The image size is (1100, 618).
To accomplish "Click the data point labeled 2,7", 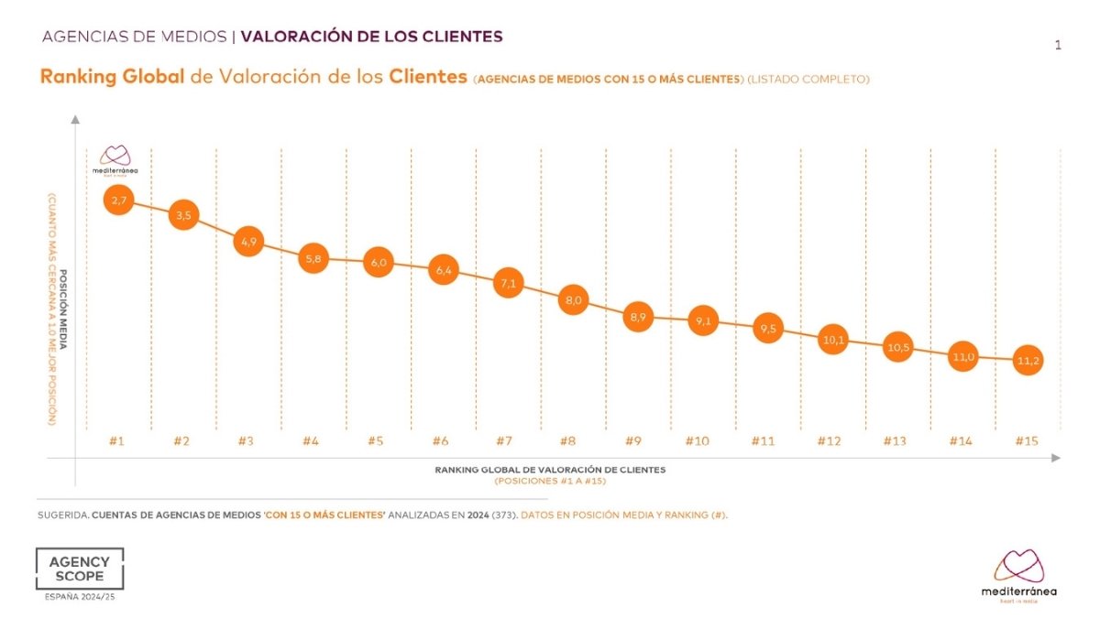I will (x=119, y=200).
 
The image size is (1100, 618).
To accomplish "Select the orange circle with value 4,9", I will (x=249, y=243).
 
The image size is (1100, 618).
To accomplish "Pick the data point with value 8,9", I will (x=638, y=317).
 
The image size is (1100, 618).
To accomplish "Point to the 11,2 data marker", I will (x=1028, y=361).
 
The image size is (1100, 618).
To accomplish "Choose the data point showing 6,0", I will (x=379, y=263).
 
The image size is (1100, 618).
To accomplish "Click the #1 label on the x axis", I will (x=116, y=441).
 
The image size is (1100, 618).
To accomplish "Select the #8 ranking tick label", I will (x=568, y=441).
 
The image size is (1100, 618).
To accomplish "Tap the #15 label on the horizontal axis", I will (x=1027, y=441).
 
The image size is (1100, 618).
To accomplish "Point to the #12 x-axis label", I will (x=829, y=441).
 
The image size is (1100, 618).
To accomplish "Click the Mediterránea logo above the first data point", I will (x=115, y=159).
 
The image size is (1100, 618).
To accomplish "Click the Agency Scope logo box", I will (x=79, y=569).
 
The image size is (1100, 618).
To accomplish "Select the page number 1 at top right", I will (x=1058, y=45).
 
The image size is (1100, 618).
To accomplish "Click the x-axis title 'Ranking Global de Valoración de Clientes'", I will (x=550, y=469).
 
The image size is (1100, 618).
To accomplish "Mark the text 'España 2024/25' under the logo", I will (x=79, y=598).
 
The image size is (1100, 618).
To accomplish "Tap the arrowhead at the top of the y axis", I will (x=75, y=119).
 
